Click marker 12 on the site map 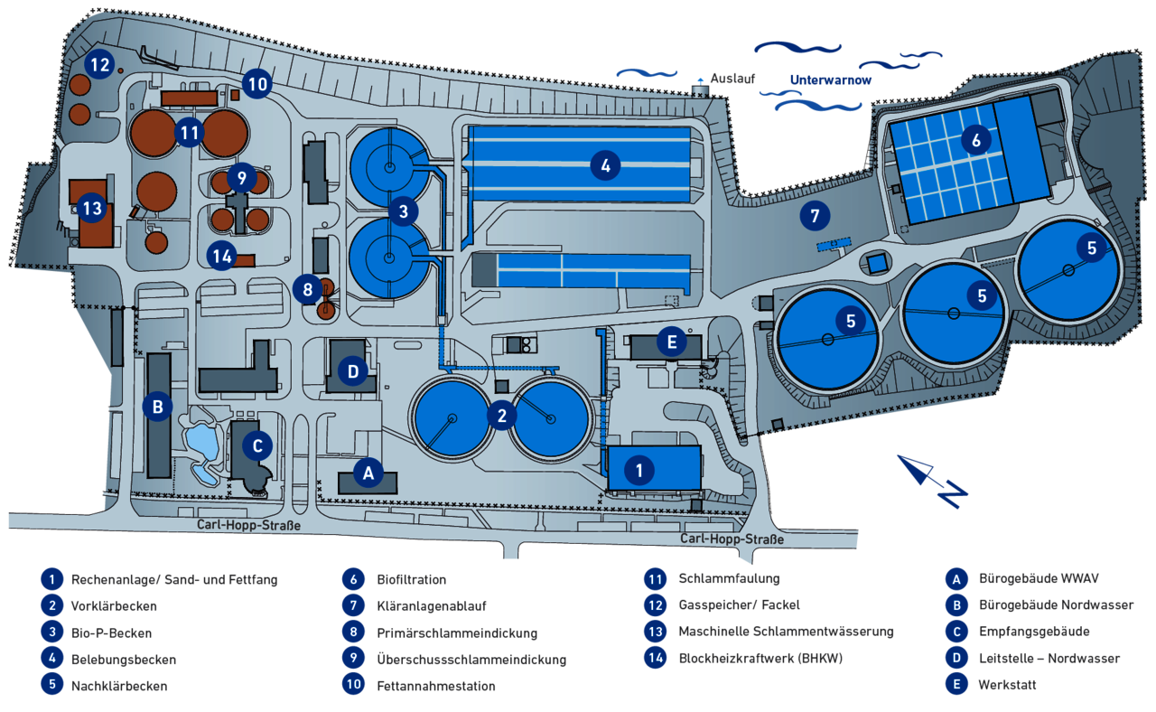click(x=99, y=65)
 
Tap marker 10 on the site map click(x=257, y=85)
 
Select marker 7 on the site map click(x=815, y=216)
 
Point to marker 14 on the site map click(x=222, y=256)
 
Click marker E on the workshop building click(x=670, y=342)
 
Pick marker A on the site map click(x=368, y=471)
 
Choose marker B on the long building click(x=157, y=407)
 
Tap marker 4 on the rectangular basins click(x=605, y=165)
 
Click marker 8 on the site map click(x=307, y=290)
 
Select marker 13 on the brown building click(x=92, y=209)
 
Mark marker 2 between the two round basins click(x=501, y=415)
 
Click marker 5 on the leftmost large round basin click(x=850, y=320)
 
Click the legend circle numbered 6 click(x=353, y=579)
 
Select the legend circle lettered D click(x=955, y=659)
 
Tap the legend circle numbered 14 click(x=655, y=658)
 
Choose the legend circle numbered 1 click(x=52, y=579)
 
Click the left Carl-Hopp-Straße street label click(x=248, y=525)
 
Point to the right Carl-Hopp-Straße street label click(x=732, y=539)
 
